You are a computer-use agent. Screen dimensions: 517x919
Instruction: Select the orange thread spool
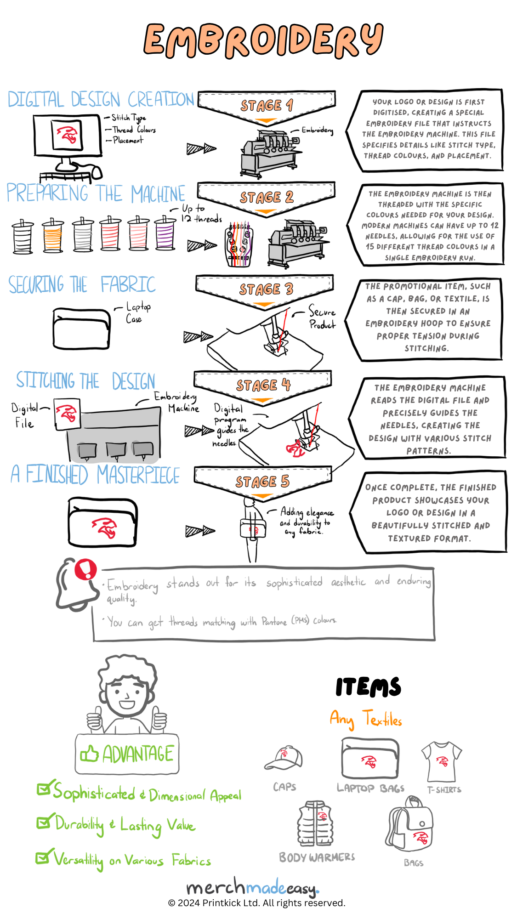click(x=53, y=235)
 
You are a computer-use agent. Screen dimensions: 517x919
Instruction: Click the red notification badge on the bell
click(x=85, y=569)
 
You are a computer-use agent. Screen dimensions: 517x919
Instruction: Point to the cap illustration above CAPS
click(x=284, y=758)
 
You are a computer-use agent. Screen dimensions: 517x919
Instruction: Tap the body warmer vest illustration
click(x=315, y=824)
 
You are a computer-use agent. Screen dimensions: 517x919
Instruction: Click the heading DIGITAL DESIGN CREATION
click(x=101, y=100)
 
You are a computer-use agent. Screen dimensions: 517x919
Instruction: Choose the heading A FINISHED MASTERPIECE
click(x=95, y=475)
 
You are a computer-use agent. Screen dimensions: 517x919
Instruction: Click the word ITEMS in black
click(x=368, y=687)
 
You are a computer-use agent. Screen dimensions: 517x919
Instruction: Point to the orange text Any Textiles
click(x=366, y=719)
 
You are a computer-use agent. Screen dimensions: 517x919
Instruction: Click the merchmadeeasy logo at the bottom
click(x=253, y=887)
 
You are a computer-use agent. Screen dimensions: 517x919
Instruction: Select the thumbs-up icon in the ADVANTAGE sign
click(x=89, y=754)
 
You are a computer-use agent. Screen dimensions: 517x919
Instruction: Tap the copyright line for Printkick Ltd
click(x=256, y=903)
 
